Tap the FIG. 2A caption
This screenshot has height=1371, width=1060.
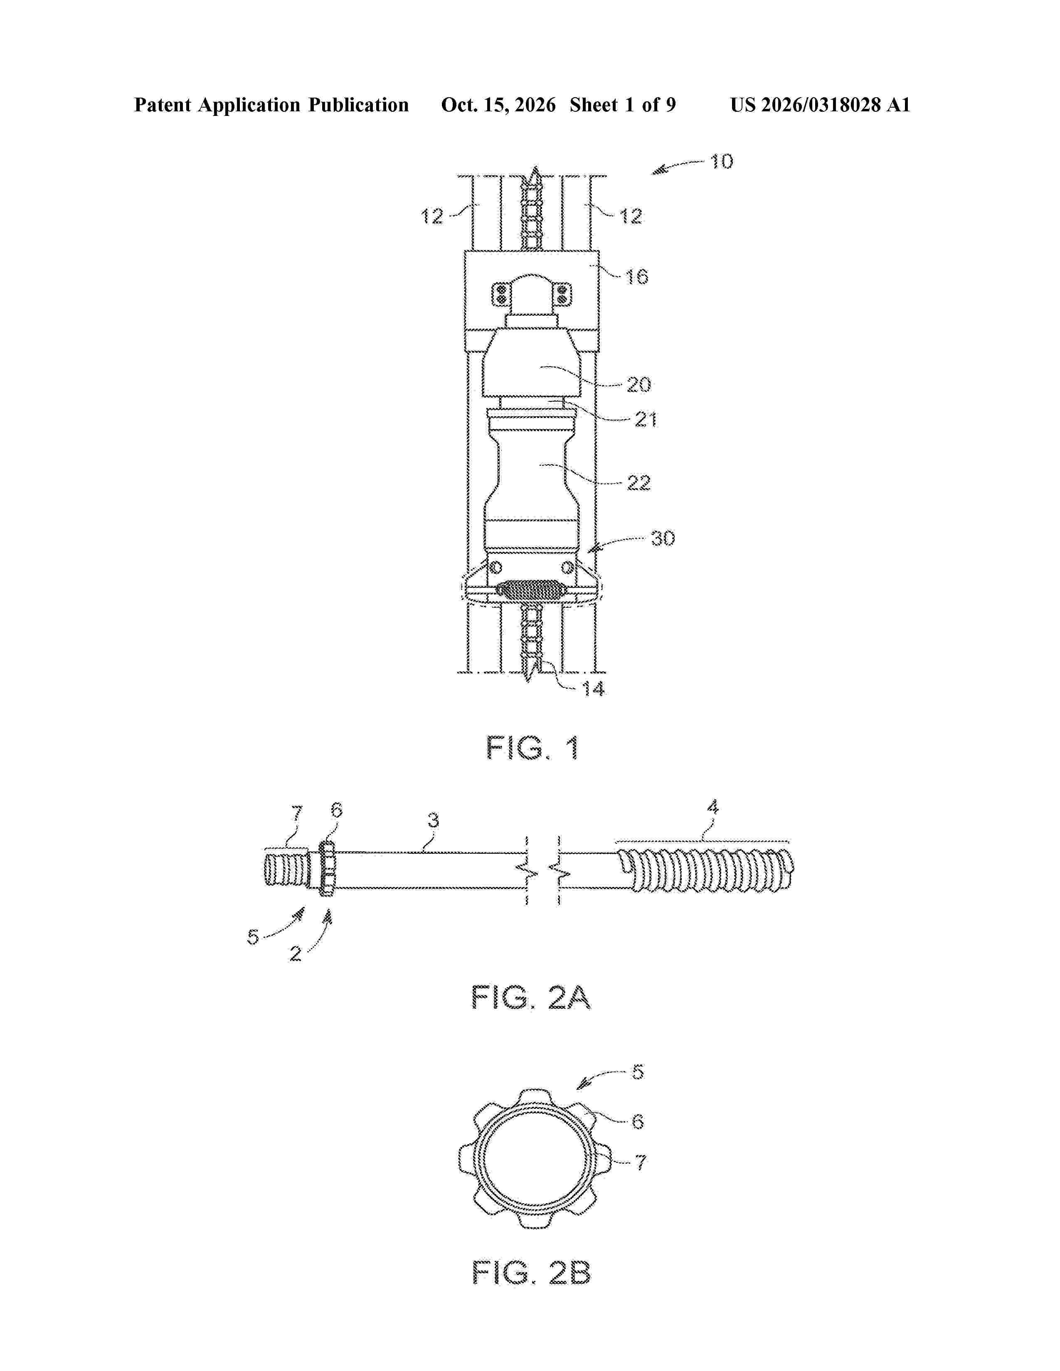(x=531, y=997)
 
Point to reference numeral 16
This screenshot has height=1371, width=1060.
(x=637, y=276)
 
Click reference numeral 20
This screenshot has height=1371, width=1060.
(x=638, y=384)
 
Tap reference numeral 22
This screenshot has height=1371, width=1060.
(x=638, y=483)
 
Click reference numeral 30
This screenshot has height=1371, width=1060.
(x=663, y=538)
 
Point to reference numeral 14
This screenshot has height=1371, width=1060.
(x=592, y=689)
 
